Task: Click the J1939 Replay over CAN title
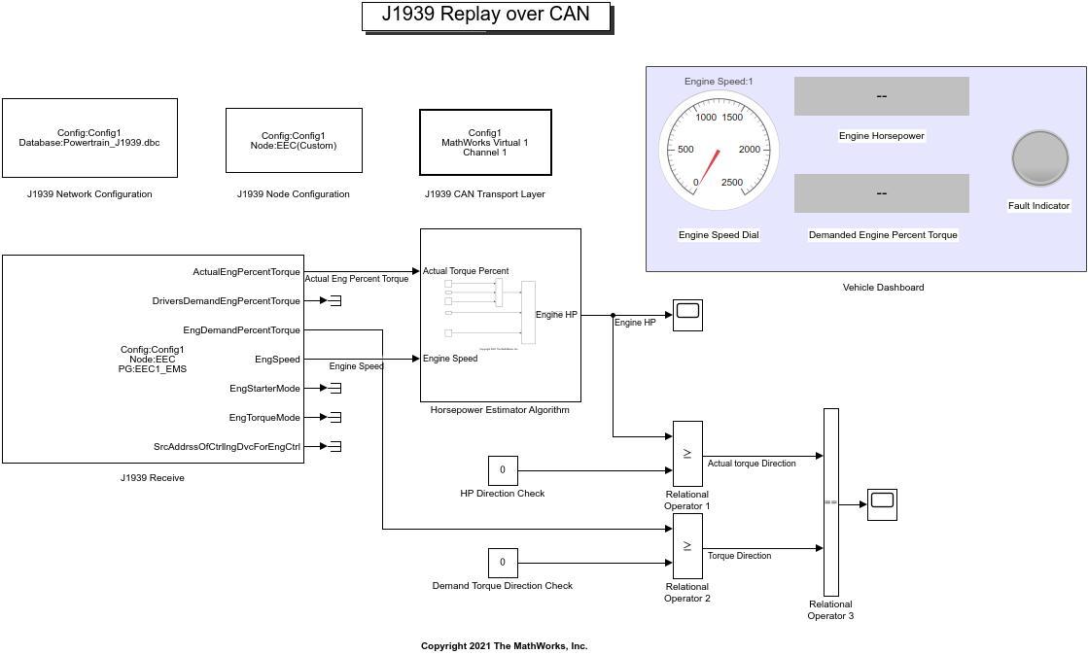(x=486, y=16)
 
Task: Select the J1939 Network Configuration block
(x=89, y=138)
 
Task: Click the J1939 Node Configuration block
(x=294, y=141)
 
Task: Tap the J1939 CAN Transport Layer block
(x=485, y=142)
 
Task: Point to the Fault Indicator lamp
(x=1039, y=158)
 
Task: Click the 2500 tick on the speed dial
(x=731, y=183)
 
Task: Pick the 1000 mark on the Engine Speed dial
(x=706, y=118)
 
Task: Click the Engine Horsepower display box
(x=881, y=96)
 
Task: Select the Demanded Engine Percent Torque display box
(x=881, y=193)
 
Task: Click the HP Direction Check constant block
(x=503, y=470)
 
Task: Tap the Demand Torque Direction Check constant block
(x=503, y=563)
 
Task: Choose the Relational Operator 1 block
(x=687, y=454)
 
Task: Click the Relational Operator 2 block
(x=687, y=546)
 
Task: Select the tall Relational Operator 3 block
(x=830, y=501)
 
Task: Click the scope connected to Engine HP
(x=687, y=315)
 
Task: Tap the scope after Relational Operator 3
(x=882, y=504)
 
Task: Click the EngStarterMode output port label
(x=264, y=389)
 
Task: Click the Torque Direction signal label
(x=739, y=556)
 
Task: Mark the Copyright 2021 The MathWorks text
(x=504, y=646)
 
